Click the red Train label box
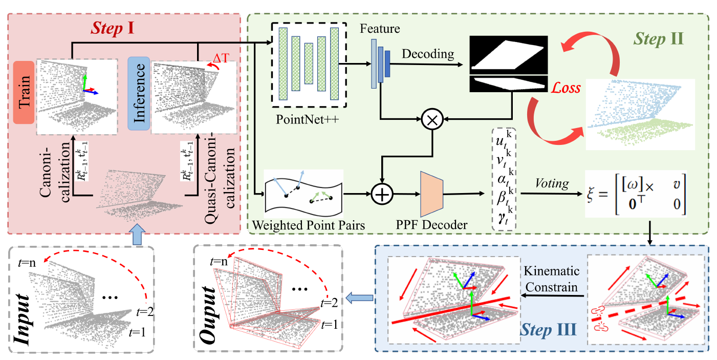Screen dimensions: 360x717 click(x=24, y=92)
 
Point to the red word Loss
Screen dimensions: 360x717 click(x=566, y=88)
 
